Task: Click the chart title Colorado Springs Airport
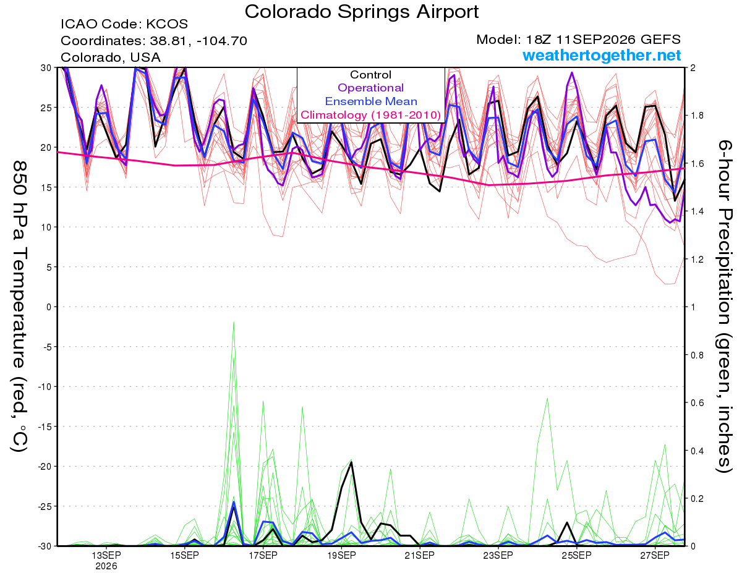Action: click(362, 12)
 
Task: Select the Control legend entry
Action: click(370, 75)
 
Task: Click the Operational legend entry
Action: click(371, 88)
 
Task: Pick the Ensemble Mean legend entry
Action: click(371, 101)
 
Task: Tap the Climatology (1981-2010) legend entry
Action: click(371, 115)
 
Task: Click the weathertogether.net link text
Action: click(602, 55)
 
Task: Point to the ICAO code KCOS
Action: click(167, 24)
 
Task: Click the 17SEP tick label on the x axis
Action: click(263, 555)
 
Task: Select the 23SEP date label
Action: click(498, 555)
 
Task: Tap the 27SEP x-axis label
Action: click(655, 555)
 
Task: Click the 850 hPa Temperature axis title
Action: click(19, 307)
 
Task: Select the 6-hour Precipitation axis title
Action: click(723, 306)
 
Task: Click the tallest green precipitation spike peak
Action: click(234, 322)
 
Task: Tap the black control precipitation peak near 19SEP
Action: click(351, 462)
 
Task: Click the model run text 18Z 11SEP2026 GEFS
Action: click(603, 40)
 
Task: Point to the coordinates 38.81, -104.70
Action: click(198, 41)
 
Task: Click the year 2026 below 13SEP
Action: click(106, 566)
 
